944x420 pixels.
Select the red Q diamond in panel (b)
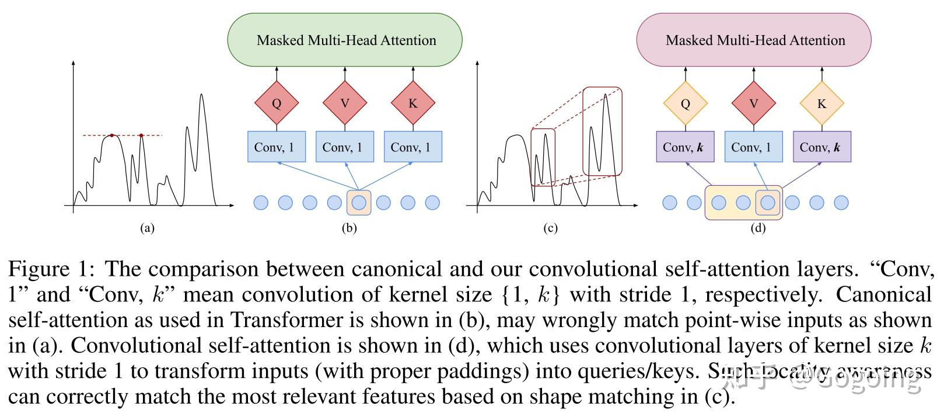point(277,103)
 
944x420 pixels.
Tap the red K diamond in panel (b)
point(413,103)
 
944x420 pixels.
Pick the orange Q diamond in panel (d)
point(686,103)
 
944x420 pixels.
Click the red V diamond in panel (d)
point(753,103)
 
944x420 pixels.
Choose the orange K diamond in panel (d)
point(821,103)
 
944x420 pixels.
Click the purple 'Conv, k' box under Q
point(685,147)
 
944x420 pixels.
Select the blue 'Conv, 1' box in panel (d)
point(753,147)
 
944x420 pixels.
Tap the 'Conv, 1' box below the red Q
point(277,147)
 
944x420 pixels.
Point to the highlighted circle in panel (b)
point(359,203)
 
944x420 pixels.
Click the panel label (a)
point(147,228)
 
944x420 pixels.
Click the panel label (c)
point(550,228)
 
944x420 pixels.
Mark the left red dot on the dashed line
point(112,136)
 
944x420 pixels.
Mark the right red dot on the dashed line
point(141,136)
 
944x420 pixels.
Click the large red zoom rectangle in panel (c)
point(603,131)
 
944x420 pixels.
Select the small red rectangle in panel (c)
point(543,157)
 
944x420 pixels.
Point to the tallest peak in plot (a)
point(201,95)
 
